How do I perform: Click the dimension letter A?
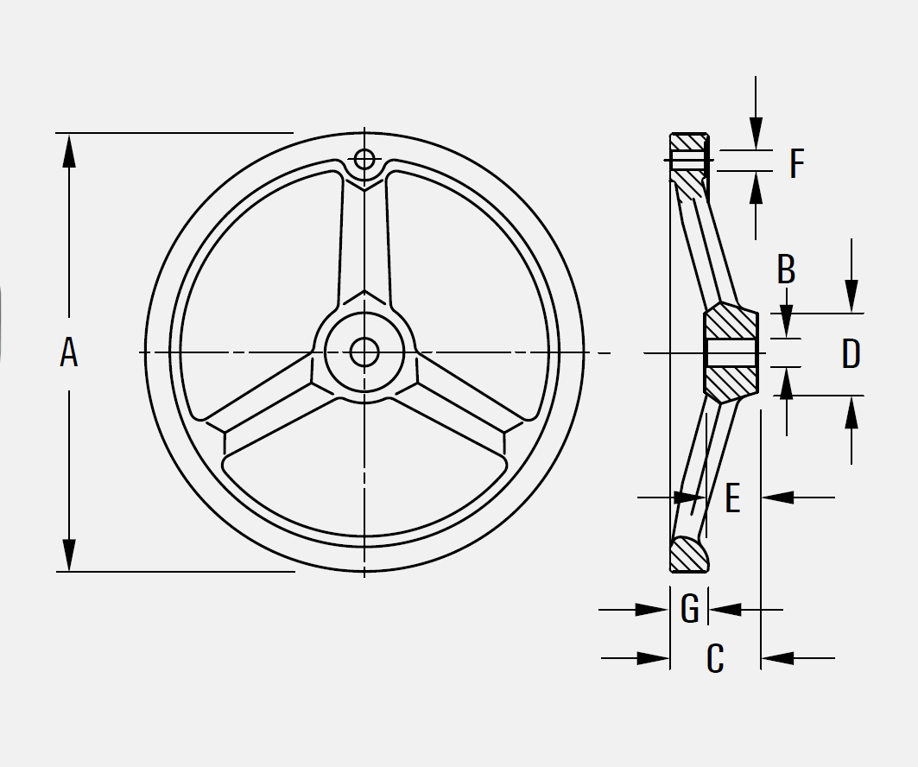click(x=69, y=353)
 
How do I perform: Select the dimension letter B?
click(x=786, y=269)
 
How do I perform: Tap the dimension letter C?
click(x=715, y=659)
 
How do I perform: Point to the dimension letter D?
click(x=851, y=354)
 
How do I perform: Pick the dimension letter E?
click(x=732, y=498)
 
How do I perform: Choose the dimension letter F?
click(x=796, y=163)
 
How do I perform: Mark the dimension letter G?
click(x=689, y=609)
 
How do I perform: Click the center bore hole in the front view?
click(x=364, y=352)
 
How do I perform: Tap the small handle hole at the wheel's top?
click(x=364, y=160)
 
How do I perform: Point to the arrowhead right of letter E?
click(x=777, y=498)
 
